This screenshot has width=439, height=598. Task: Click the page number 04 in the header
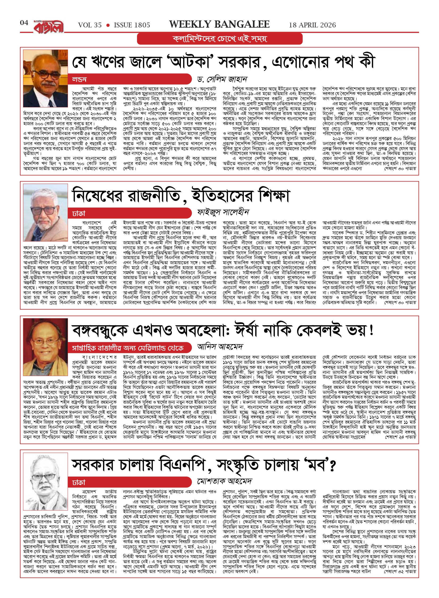pyautogui.click(x=24, y=23)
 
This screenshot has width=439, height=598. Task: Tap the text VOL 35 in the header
pyautogui.click(x=90, y=25)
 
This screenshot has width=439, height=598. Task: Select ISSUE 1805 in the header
pyautogui.click(x=132, y=25)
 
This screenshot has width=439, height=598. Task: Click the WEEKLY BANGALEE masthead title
pyautogui.click(x=219, y=24)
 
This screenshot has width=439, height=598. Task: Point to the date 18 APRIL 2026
pyautogui.click(x=312, y=25)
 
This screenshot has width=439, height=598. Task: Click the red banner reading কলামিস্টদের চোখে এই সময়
pyautogui.click(x=220, y=39)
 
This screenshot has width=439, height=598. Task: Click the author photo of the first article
pyautogui.click(x=45, y=75)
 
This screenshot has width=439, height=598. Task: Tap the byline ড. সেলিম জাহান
pyautogui.click(x=222, y=79)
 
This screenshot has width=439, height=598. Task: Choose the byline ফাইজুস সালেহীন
pyautogui.click(x=223, y=212)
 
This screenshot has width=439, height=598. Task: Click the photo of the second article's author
pyautogui.click(x=45, y=209)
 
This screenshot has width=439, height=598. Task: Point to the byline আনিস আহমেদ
pyautogui.click(x=220, y=347)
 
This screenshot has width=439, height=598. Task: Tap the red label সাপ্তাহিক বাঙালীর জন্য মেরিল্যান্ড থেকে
pyautogui.click(x=128, y=348)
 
